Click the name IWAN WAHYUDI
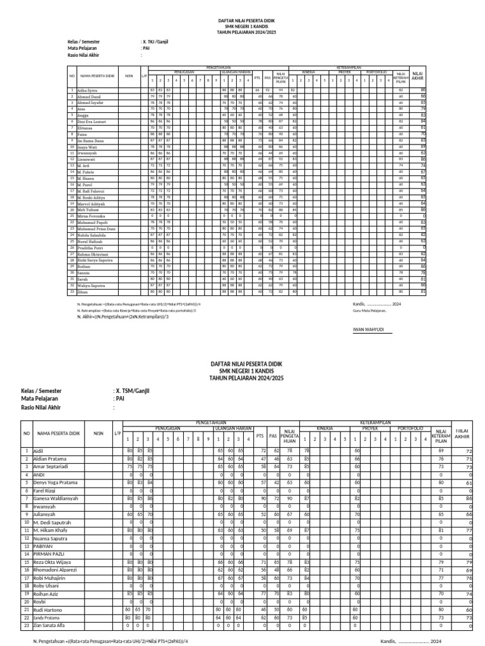click(368, 329)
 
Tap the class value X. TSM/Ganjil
click(131, 391)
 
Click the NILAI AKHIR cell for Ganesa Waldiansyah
click(469, 498)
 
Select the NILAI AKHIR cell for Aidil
click(469, 452)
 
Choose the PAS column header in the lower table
click(273, 436)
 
